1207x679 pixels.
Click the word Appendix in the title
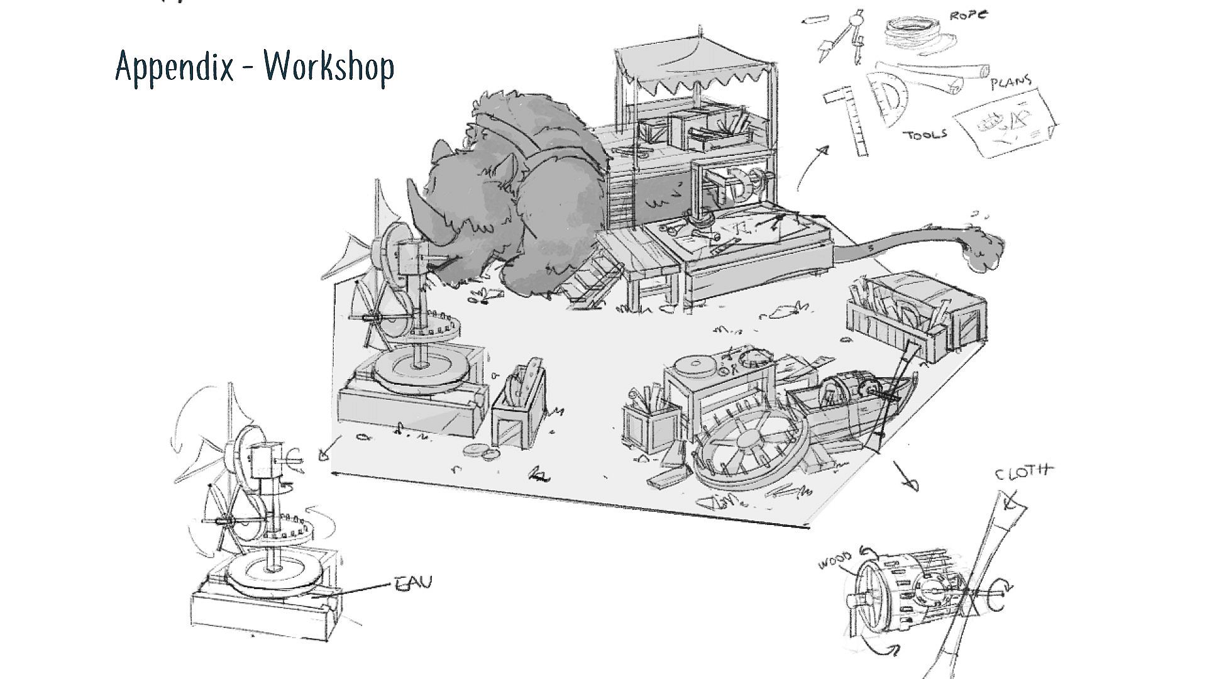pyautogui.click(x=174, y=66)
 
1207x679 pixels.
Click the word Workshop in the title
pyautogui.click(x=328, y=66)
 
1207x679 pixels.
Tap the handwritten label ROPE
pyautogui.click(x=967, y=14)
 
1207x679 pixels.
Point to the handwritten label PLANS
pyautogui.click(x=1011, y=82)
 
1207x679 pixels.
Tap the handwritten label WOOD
pyautogui.click(x=835, y=560)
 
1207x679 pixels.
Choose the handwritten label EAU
pyautogui.click(x=414, y=583)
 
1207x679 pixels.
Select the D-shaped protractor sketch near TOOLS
pyautogui.click(x=888, y=101)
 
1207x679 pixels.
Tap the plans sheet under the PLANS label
pyautogui.click(x=1006, y=123)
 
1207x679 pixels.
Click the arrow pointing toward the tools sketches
pyautogui.click(x=811, y=167)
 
